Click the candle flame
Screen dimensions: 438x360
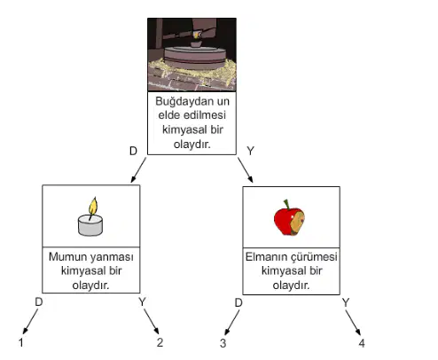coord(93,206)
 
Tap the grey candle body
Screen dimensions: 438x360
coord(90,225)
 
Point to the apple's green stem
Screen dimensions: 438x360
coord(286,204)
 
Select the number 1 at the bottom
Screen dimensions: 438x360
coord(20,342)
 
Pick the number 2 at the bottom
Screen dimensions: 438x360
coord(160,342)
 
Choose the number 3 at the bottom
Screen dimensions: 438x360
coord(223,343)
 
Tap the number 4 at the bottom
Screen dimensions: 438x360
coord(362,343)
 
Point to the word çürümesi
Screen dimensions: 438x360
coord(314,257)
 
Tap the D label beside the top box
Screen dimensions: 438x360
coord(133,151)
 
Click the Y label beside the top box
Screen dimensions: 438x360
coord(250,151)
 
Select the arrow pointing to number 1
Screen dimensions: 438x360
coord(30,322)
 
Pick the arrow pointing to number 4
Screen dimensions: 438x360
coord(353,323)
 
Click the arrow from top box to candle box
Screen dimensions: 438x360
coord(138,170)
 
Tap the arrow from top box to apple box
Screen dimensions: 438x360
coord(246,170)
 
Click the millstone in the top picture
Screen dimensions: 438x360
coord(195,58)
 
